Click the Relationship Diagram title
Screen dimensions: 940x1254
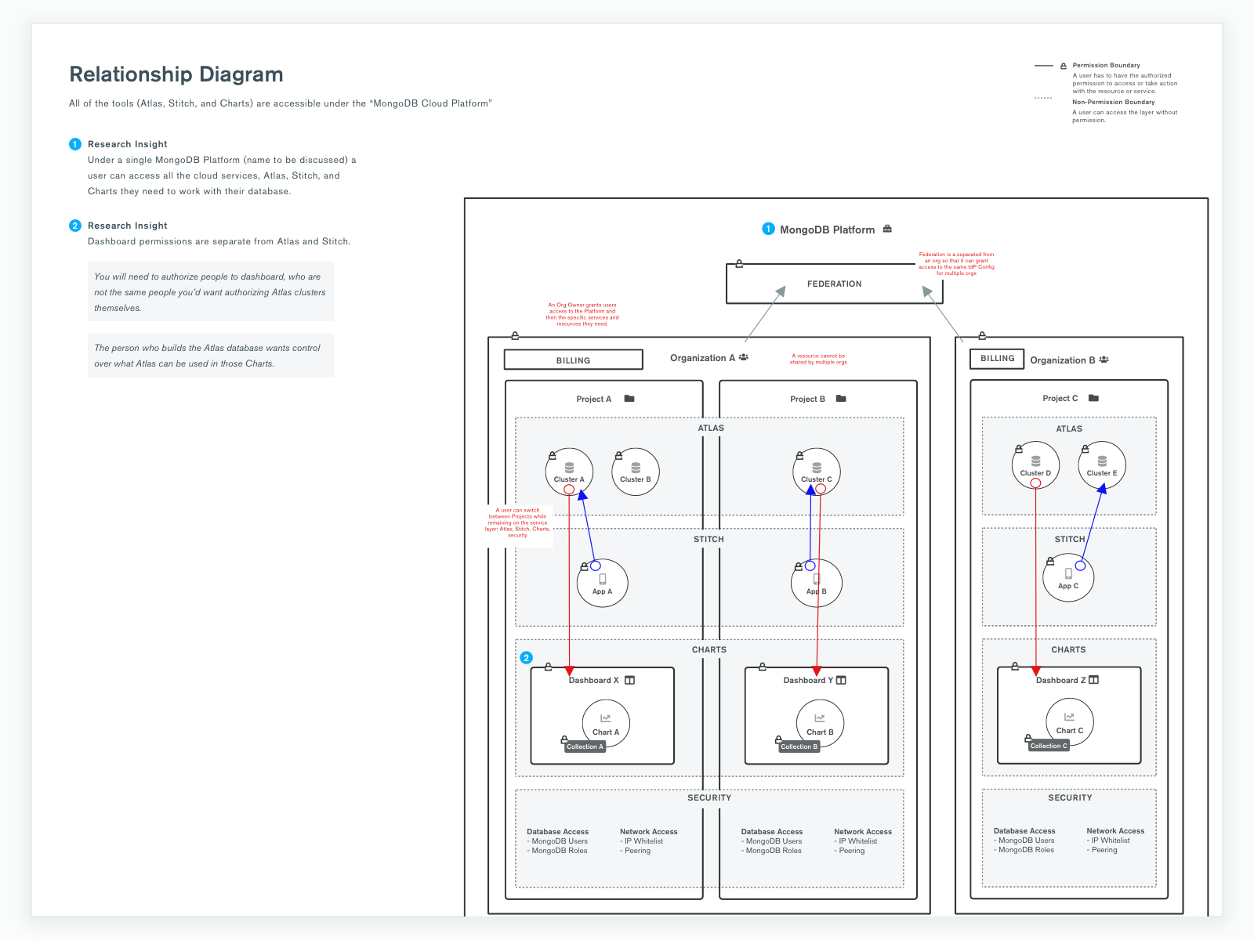(x=176, y=74)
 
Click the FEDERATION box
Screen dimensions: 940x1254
(x=834, y=284)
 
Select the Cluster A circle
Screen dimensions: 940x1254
(x=569, y=472)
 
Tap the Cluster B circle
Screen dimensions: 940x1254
(x=636, y=472)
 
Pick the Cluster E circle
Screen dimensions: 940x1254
(x=1102, y=465)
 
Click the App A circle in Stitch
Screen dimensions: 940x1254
(x=602, y=583)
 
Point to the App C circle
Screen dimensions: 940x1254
(x=1068, y=577)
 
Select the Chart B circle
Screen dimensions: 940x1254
(x=820, y=723)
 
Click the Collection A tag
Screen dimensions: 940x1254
(x=585, y=747)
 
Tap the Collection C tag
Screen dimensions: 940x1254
(x=1049, y=746)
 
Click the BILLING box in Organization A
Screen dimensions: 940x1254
(x=573, y=360)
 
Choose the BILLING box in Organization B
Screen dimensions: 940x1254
(x=997, y=359)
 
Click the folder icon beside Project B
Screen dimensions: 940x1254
(x=841, y=399)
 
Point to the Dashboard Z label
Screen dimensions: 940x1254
(x=1060, y=680)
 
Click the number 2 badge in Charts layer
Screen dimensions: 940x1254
(x=527, y=658)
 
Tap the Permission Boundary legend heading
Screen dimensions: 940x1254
(x=1106, y=66)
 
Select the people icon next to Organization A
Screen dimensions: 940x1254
(x=743, y=357)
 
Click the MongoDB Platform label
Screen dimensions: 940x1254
(x=827, y=230)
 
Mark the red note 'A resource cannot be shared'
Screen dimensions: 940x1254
(x=818, y=359)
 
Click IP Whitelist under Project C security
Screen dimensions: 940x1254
(x=1110, y=841)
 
